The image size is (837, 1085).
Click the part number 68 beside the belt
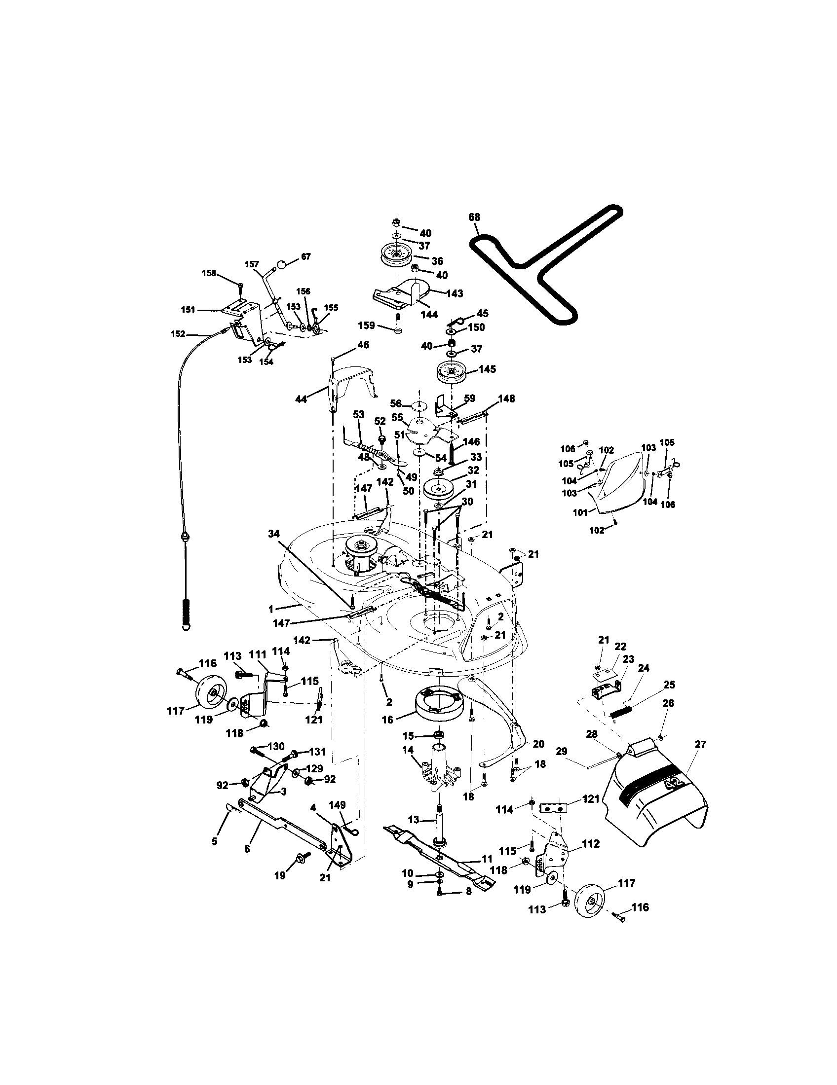click(474, 217)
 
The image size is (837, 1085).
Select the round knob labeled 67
click(282, 264)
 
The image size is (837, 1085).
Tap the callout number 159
click(366, 325)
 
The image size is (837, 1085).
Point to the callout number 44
click(301, 398)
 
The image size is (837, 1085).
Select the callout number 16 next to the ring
click(387, 720)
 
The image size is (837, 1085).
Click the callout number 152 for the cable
click(178, 334)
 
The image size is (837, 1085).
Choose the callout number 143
click(455, 293)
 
